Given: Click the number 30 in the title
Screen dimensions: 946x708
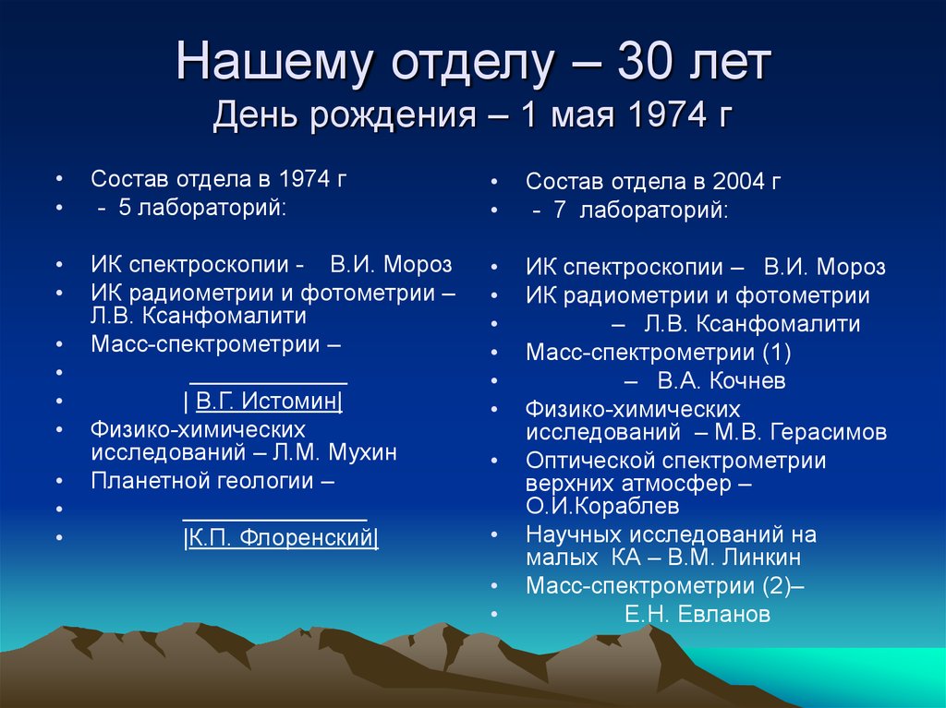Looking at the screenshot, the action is (x=645, y=62).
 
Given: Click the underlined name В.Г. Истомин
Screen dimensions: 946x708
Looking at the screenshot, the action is (x=269, y=401).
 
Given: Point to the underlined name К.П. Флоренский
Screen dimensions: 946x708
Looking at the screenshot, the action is (x=282, y=537).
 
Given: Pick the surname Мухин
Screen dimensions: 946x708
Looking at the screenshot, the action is (x=362, y=452).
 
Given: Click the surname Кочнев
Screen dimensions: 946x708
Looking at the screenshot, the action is (x=746, y=380).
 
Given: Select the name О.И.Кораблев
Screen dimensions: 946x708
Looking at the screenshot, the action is (x=602, y=506).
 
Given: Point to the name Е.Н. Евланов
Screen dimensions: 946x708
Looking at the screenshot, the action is (x=697, y=614).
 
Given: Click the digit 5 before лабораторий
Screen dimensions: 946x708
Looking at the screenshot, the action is (x=125, y=208).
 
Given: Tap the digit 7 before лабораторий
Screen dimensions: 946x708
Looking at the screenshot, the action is (x=559, y=210).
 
